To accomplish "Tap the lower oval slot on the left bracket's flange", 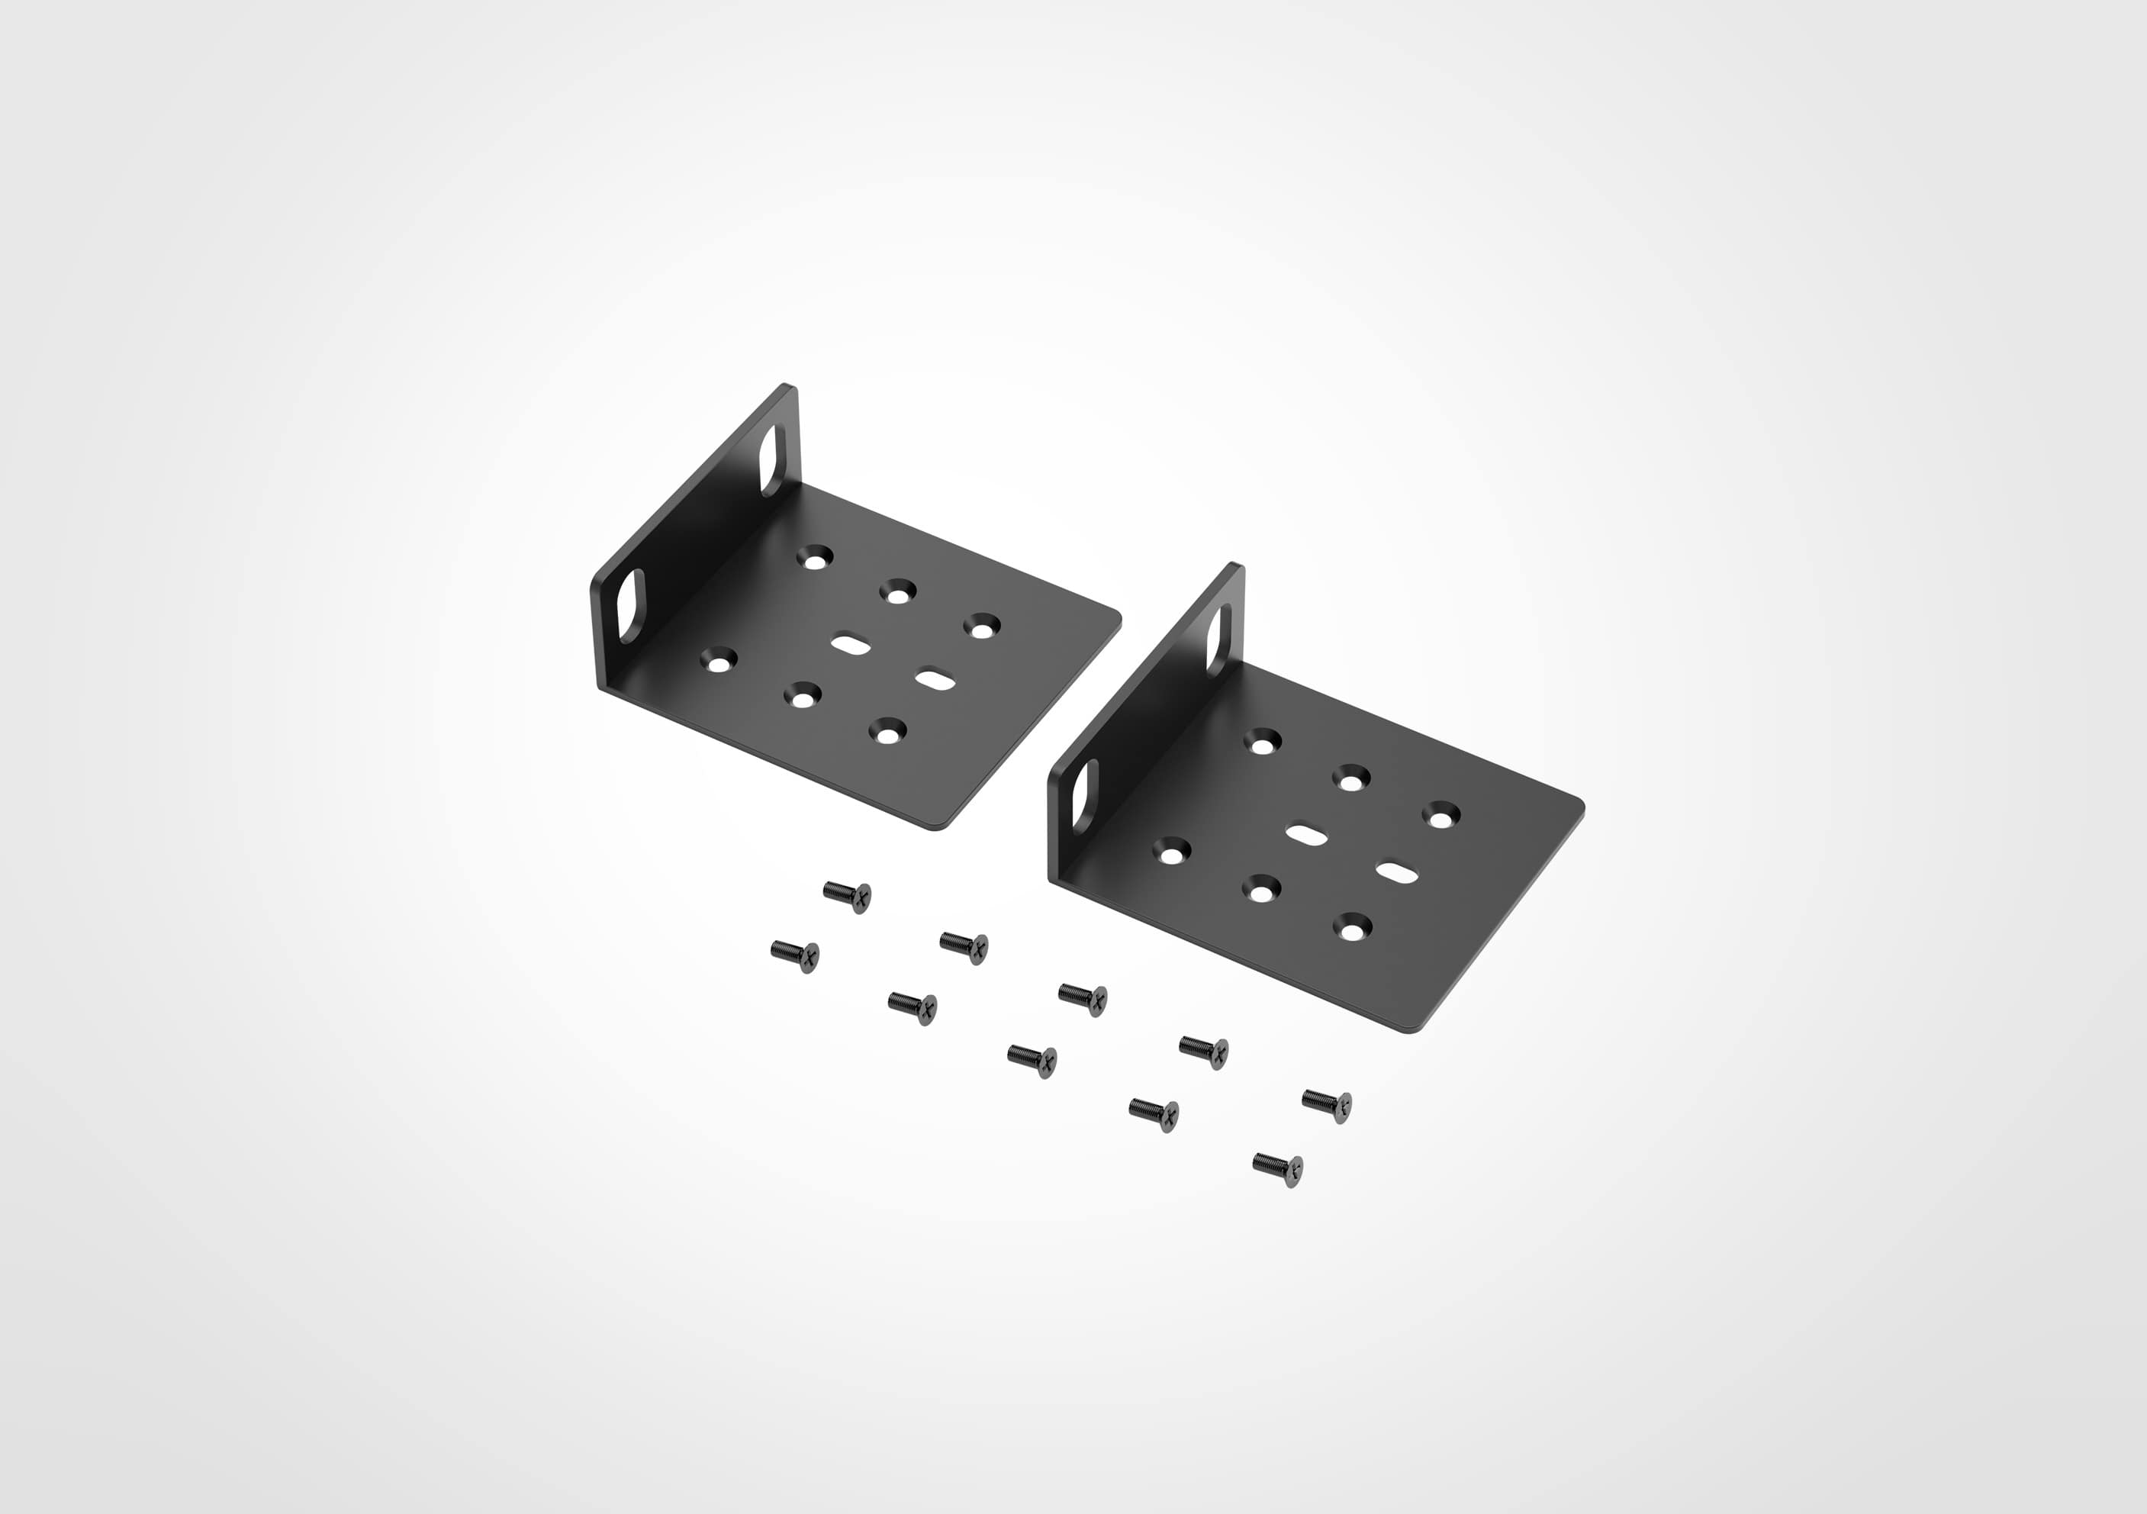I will pos(633,605).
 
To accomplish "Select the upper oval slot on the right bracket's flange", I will pos(1218,639).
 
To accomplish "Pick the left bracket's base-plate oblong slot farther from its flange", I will pos(935,679).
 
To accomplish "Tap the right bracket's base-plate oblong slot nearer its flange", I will pos(1306,834).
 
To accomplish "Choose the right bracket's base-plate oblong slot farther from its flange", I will pos(1397,872).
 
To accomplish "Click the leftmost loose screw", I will pos(796,955).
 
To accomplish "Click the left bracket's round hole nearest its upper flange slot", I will pos(816,559).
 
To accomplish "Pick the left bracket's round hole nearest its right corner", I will pos(982,626).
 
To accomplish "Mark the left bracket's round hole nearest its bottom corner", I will pos(887,730).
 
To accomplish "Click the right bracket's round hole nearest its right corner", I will pos(1441,814).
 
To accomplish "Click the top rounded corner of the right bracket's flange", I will pos(1236,567).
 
